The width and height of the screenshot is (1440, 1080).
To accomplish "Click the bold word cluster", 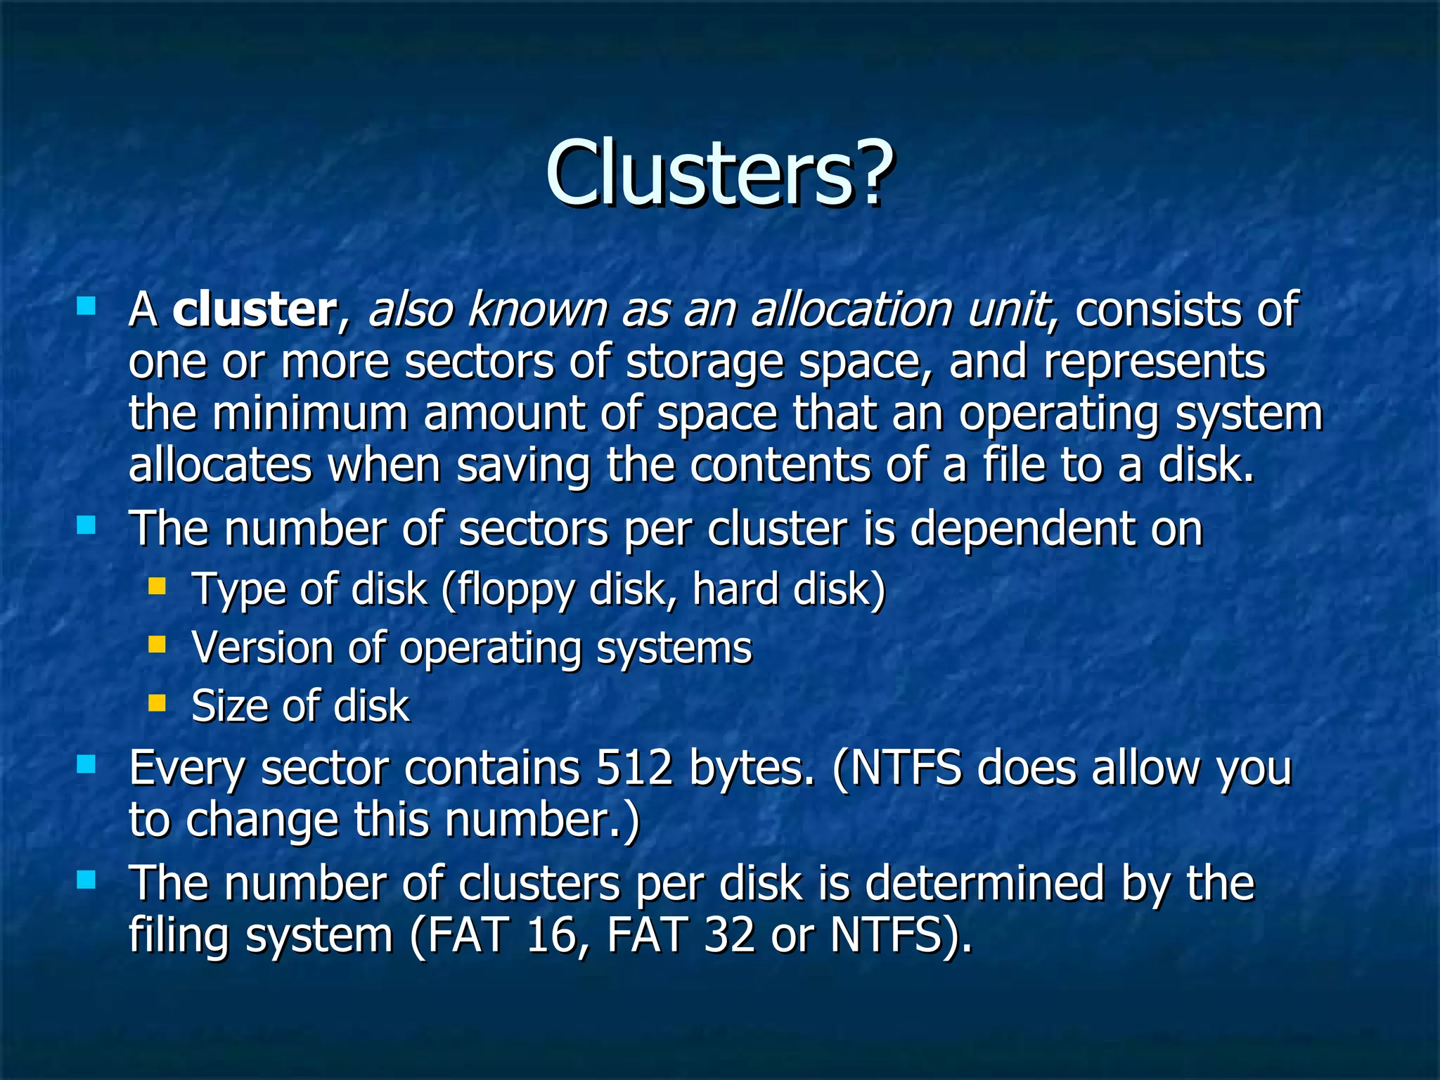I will coord(255,309).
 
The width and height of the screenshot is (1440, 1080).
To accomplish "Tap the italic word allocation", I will coord(851,309).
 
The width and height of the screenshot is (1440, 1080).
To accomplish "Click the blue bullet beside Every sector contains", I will coord(86,764).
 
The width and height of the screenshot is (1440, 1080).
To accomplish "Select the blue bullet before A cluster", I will coord(86,306).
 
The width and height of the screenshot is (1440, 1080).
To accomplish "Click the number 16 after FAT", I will coord(551,936).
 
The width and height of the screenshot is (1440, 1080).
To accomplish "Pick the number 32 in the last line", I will coord(729,936).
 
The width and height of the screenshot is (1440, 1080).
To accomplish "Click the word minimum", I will coord(310,413).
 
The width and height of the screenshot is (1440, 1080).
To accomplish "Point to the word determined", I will coord(984,884).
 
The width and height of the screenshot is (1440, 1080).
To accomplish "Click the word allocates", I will coord(220,465).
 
